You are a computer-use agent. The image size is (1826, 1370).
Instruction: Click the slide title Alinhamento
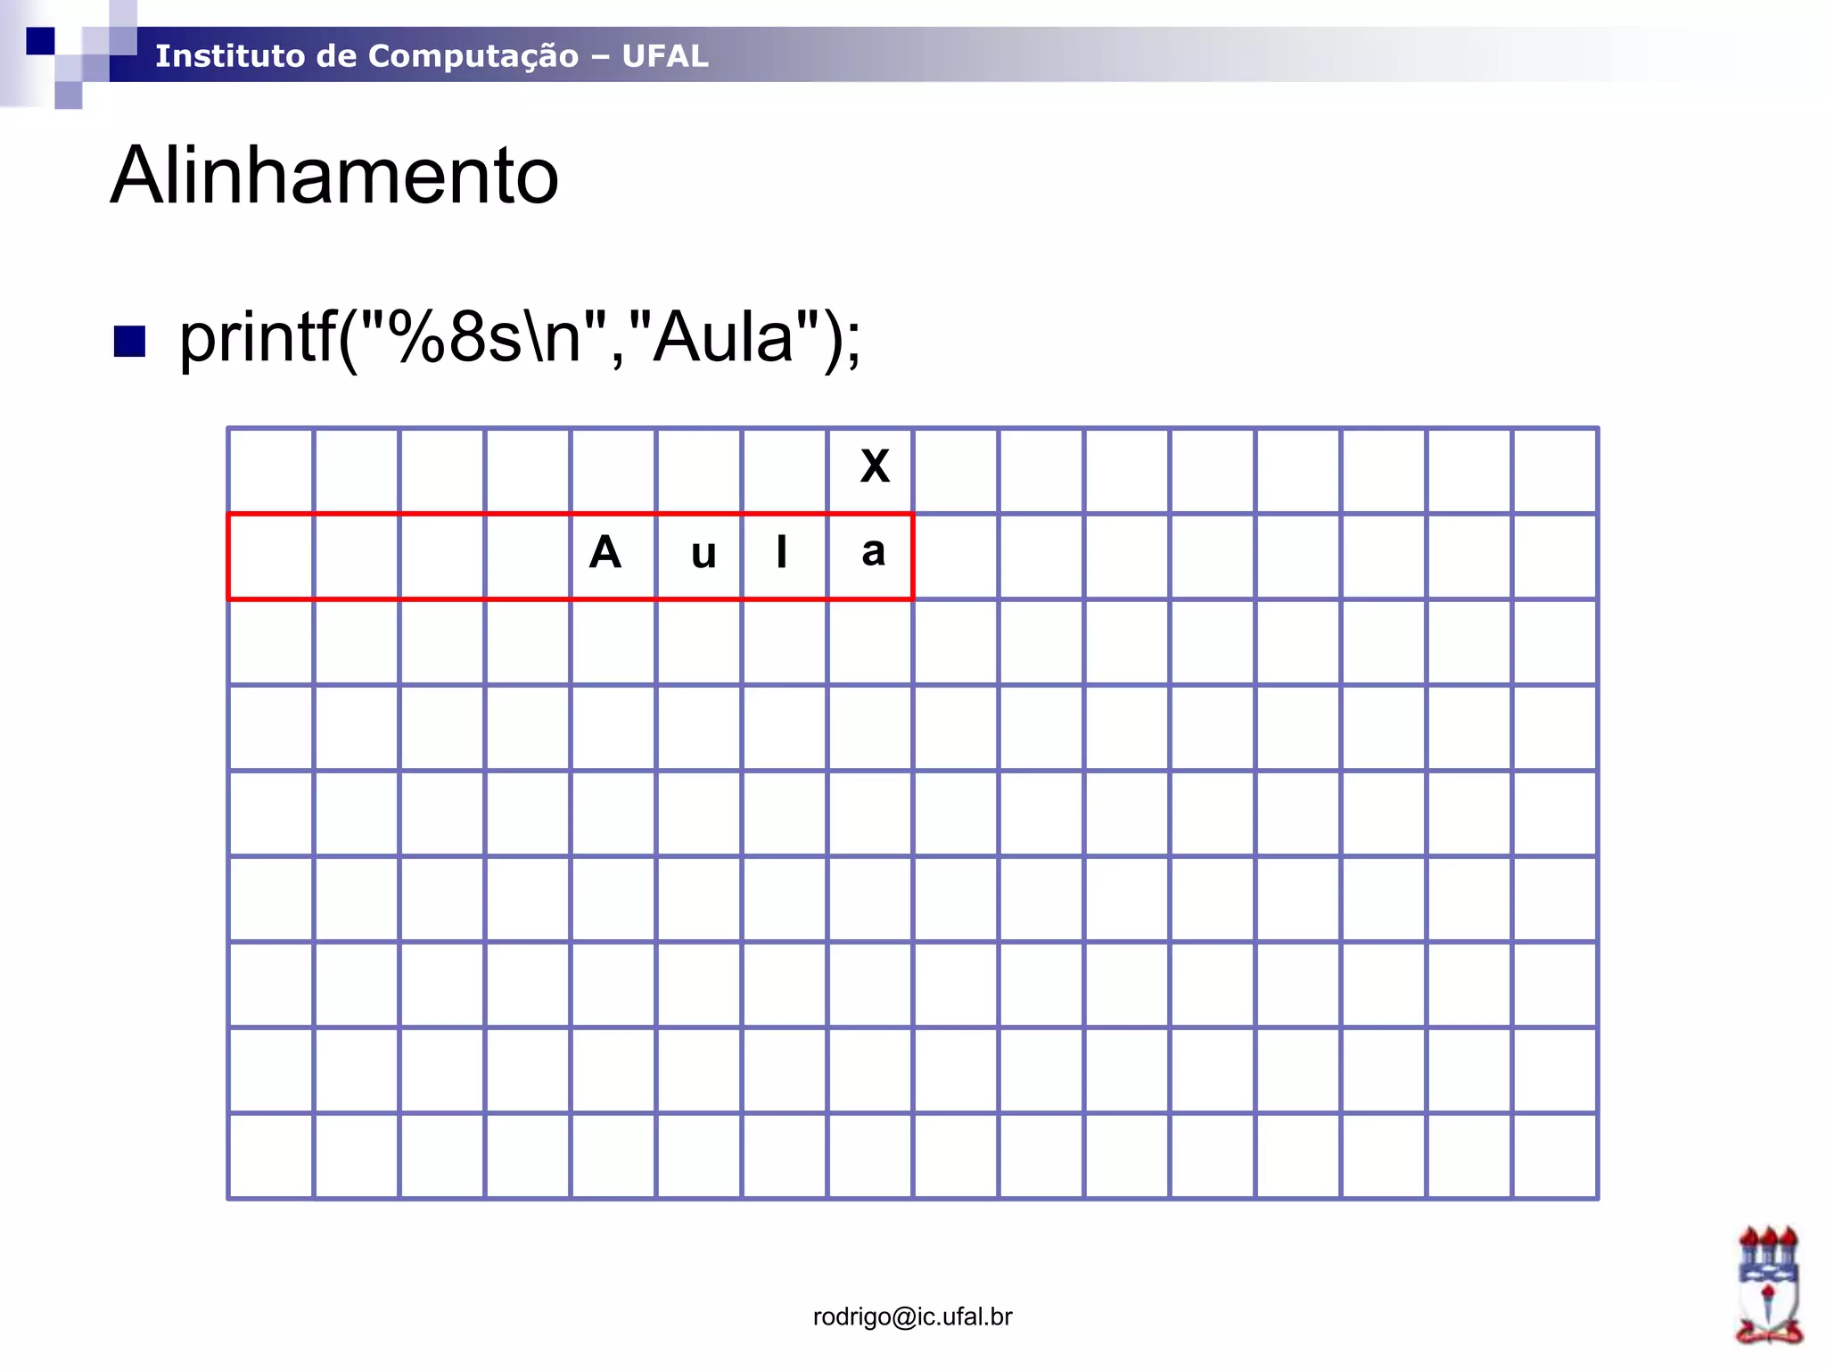[334, 176]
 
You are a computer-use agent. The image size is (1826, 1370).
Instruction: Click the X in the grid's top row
[875, 466]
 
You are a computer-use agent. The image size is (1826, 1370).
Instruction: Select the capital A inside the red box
[605, 552]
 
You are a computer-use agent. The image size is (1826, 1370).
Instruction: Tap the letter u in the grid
[703, 555]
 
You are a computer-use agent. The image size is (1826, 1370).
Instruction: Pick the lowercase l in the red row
[782, 551]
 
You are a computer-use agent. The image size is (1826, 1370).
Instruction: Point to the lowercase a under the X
[874, 552]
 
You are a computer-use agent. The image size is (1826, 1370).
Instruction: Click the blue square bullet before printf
[129, 341]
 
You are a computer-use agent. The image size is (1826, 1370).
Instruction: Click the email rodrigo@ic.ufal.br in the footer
[912, 1316]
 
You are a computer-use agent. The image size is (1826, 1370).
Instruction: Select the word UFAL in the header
[665, 56]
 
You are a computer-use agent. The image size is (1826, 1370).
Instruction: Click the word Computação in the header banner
[473, 56]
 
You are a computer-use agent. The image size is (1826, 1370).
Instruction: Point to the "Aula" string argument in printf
[724, 337]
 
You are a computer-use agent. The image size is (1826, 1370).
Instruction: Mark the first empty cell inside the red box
[271, 557]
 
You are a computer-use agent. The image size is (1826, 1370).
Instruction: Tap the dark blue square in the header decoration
[40, 40]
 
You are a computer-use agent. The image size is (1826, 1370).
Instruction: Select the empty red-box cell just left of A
[528, 557]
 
